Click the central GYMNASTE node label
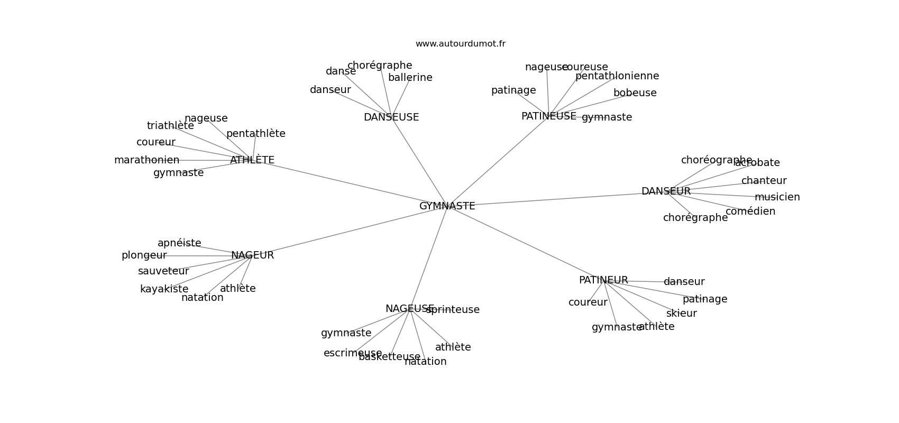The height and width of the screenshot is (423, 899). click(447, 206)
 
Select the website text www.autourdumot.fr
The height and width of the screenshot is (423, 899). click(460, 44)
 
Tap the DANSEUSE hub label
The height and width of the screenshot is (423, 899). click(391, 117)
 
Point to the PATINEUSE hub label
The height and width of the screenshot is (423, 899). click(548, 116)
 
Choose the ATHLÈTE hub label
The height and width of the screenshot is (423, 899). click(252, 160)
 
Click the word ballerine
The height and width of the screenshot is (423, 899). click(410, 78)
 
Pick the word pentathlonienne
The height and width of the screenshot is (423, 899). click(617, 76)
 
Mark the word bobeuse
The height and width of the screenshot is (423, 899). click(635, 93)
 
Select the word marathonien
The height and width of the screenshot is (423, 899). click(146, 160)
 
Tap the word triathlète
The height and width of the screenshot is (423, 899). click(170, 126)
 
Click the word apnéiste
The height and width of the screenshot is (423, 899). click(179, 243)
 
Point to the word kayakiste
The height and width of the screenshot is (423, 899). click(164, 289)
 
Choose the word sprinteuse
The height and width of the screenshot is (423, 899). click(453, 310)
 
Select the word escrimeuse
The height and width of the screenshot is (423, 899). click(352, 353)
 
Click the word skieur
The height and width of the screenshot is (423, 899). click(681, 314)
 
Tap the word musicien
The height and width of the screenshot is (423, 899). click(777, 197)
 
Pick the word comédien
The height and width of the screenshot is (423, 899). click(750, 212)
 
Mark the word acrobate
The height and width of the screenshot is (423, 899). click(757, 163)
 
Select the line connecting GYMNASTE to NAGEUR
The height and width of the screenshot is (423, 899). click(349, 231)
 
